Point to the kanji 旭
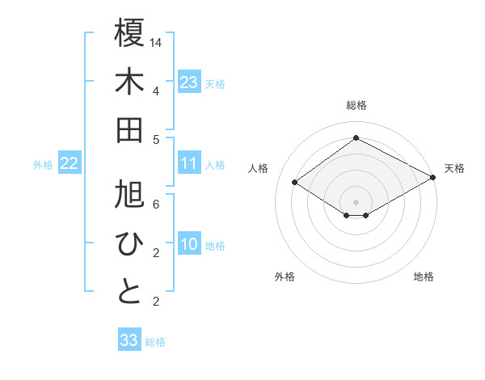point(129,195)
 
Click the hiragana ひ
point(129,243)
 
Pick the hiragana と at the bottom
point(129,292)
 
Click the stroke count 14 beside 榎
point(156,41)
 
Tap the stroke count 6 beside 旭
point(156,204)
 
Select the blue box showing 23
point(189,82)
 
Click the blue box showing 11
point(189,163)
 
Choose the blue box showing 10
point(189,244)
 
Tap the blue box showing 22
point(70,163)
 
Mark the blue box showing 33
point(129,340)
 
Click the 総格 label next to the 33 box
point(156,342)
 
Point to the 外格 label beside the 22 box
point(43,165)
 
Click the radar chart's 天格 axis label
point(454,168)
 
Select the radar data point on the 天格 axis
point(432,176)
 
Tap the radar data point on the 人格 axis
point(295,182)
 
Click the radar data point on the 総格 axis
point(356,137)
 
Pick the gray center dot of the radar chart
point(356,201)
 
